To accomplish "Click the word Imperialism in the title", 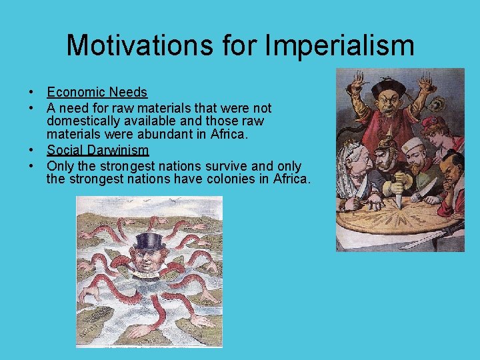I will [340, 46].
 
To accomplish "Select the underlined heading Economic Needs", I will [97, 93].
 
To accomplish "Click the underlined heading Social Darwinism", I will [97, 151].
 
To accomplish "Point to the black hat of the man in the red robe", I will [387, 87].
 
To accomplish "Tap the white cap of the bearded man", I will [417, 146].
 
